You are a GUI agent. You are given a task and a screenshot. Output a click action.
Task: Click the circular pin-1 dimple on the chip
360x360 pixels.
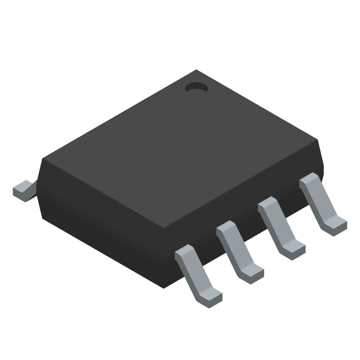point(196,88)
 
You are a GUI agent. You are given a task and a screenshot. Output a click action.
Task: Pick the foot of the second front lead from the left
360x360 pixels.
point(252,272)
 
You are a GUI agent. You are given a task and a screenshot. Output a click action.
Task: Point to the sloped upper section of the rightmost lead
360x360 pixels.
point(315,193)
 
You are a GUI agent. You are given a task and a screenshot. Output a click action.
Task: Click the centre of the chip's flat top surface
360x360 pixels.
point(180,148)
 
